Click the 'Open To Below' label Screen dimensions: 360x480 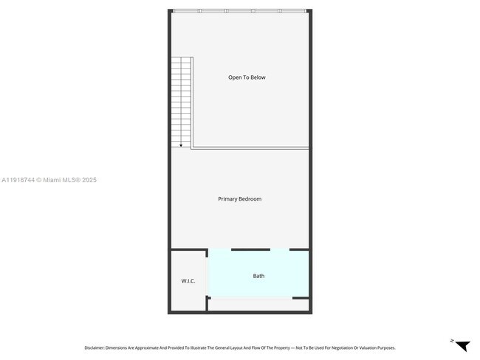247,77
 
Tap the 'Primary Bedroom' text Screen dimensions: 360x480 239,199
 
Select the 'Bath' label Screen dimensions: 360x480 258,276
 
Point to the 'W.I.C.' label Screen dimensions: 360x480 188,281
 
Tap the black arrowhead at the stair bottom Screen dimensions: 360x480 181,145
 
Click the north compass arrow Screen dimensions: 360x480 462,345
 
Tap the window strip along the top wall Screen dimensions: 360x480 239,10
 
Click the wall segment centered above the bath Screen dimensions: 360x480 250,250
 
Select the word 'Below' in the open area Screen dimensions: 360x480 258,77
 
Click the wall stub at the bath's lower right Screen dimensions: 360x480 301,298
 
